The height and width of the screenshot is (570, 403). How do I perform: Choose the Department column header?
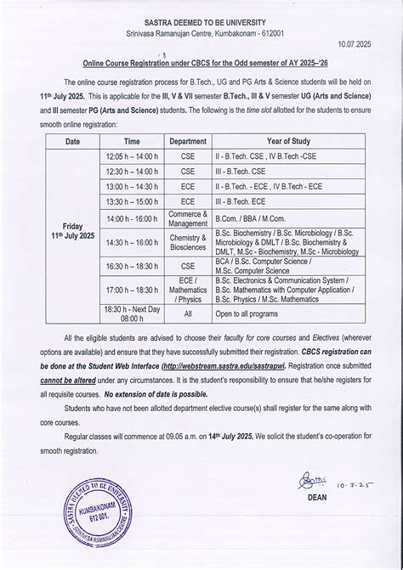point(187,141)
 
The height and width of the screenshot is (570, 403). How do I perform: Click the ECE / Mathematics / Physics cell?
point(187,290)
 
